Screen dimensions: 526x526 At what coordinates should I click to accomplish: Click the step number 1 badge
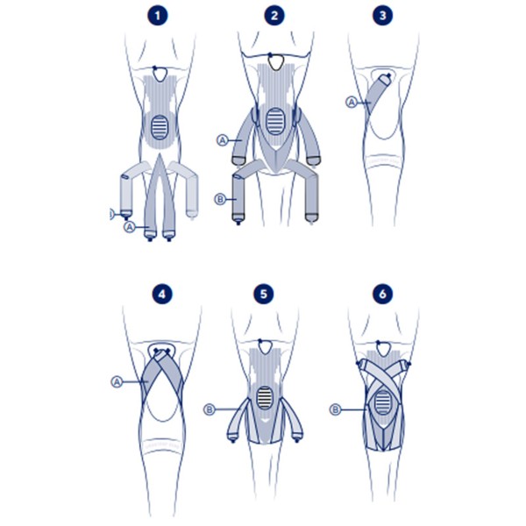click(x=157, y=16)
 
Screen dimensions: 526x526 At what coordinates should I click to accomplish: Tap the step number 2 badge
click(x=275, y=16)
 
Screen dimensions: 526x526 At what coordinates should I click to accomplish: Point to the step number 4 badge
click(x=157, y=293)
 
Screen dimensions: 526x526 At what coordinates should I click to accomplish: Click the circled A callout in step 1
click(x=130, y=226)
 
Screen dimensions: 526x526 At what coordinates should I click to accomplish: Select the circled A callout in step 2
click(x=222, y=139)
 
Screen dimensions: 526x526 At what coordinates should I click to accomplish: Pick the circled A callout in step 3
click(x=352, y=103)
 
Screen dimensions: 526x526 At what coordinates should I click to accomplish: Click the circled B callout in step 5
click(x=210, y=409)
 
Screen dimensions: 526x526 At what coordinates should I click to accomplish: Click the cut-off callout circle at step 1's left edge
click(x=110, y=213)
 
